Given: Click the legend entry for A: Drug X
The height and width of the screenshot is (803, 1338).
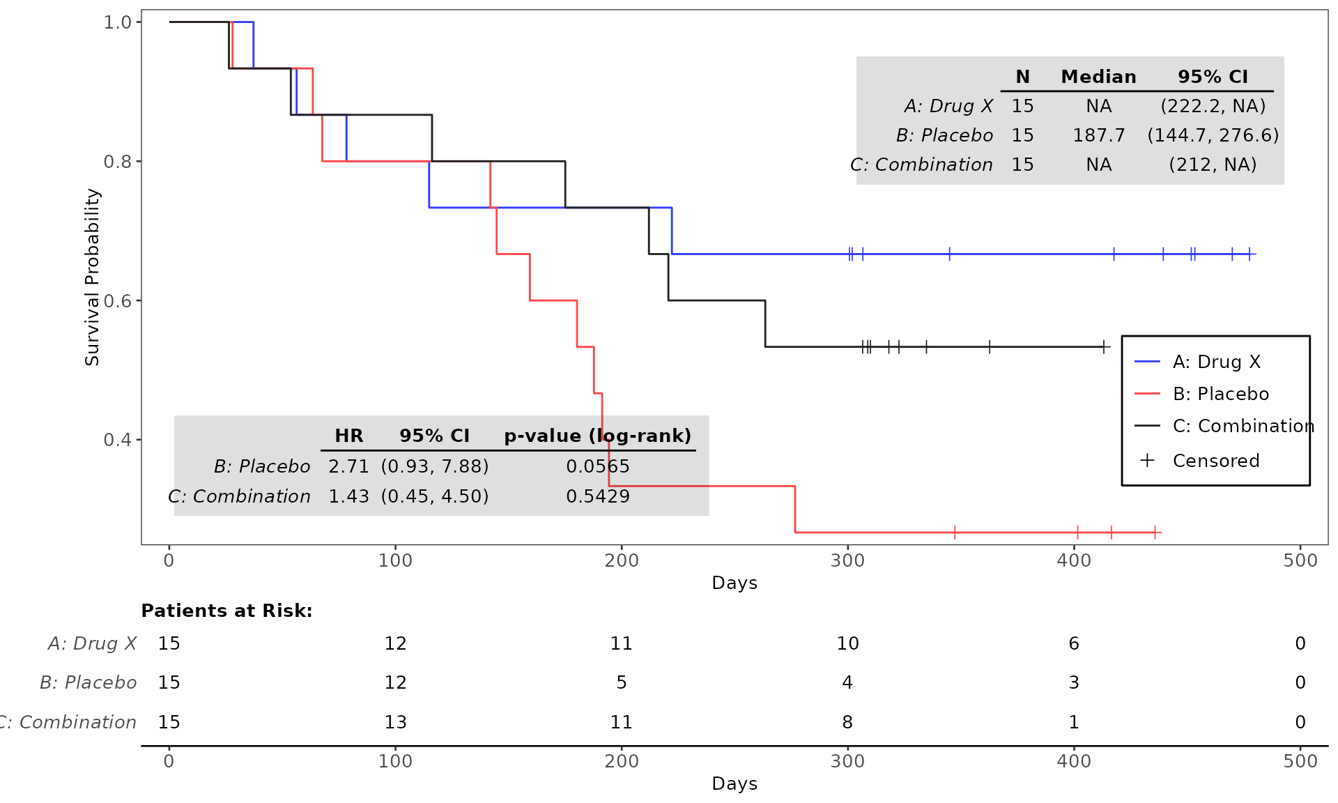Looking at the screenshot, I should (1216, 362).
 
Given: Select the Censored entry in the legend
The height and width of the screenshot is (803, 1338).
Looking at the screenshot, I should (1215, 461).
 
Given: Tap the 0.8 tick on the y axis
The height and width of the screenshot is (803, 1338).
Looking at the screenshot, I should (117, 162).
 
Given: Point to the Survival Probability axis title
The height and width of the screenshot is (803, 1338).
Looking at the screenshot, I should (92, 277).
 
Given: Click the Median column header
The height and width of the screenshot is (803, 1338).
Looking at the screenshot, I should (1098, 77).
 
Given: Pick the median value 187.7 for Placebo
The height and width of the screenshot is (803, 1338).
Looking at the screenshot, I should (1098, 135).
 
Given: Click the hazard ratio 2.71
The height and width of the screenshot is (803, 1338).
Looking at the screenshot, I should (348, 466).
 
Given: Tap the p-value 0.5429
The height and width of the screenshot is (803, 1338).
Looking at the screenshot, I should (597, 496).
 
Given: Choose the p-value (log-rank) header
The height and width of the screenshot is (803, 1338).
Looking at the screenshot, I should (597, 436).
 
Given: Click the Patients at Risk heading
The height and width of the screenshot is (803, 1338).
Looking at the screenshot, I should (226, 611).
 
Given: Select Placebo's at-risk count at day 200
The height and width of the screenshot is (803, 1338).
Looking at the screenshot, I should (622, 682).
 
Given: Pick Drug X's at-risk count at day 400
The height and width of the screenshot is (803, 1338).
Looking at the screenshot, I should (1074, 643).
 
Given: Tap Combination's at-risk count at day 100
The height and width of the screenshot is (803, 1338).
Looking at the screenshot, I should (395, 722).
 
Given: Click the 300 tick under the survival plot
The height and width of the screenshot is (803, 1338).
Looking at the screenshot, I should (847, 560).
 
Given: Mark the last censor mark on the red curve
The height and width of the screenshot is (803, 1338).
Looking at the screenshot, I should (1155, 533).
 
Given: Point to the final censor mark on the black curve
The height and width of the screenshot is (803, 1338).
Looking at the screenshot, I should (1104, 347).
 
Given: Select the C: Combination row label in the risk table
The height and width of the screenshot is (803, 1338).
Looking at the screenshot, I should (70, 722).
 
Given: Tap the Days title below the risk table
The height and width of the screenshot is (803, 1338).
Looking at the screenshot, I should (735, 783).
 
